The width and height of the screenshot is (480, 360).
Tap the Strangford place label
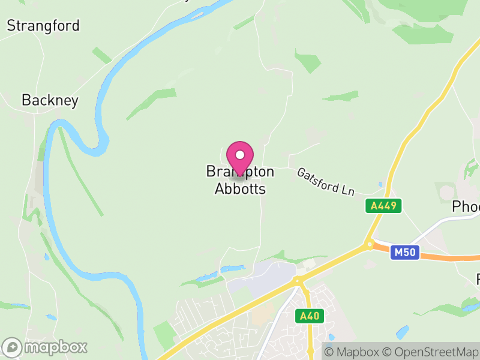tap(43, 26)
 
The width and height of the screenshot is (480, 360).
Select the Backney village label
tap(50, 100)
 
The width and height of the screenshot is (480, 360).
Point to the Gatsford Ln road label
tap(326, 181)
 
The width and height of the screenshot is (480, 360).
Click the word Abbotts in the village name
tap(240, 188)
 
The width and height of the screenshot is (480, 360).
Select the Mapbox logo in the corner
tap(45, 347)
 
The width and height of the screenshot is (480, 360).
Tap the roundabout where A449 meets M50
tap(368, 244)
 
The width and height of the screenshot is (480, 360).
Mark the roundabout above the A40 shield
tap(297, 281)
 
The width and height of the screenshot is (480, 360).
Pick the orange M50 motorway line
tap(444, 257)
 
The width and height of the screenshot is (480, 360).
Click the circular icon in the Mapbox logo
tap(13, 347)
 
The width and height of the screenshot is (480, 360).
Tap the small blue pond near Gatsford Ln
tap(380, 185)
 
